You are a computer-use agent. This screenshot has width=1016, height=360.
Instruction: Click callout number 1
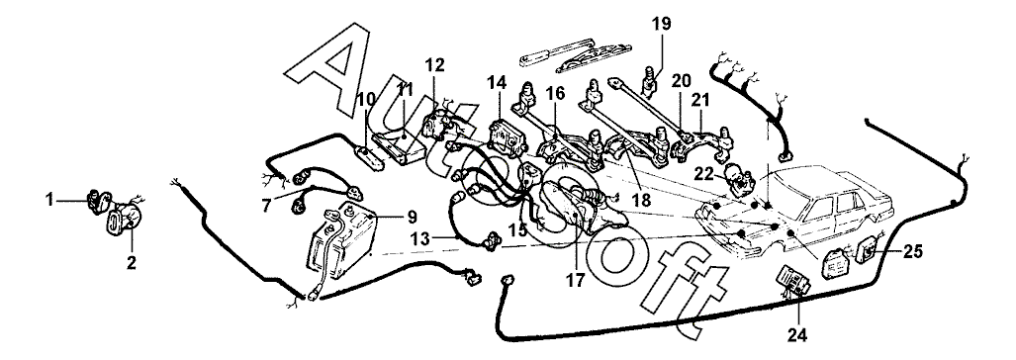pos(49,201)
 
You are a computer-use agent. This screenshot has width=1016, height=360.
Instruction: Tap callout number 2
pos(132,263)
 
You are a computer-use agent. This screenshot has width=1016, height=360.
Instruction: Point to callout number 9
pos(412,217)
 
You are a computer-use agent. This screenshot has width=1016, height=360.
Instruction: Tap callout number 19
pos(662,25)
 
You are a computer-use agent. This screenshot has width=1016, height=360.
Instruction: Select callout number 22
pos(705,172)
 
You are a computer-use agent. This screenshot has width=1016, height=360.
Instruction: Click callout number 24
pos(798,334)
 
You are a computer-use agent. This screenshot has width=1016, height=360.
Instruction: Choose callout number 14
pos(498,81)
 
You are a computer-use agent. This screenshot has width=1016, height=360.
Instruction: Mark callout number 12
pos(435,64)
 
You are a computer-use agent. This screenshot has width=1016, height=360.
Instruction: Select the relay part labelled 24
pos(791,281)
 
